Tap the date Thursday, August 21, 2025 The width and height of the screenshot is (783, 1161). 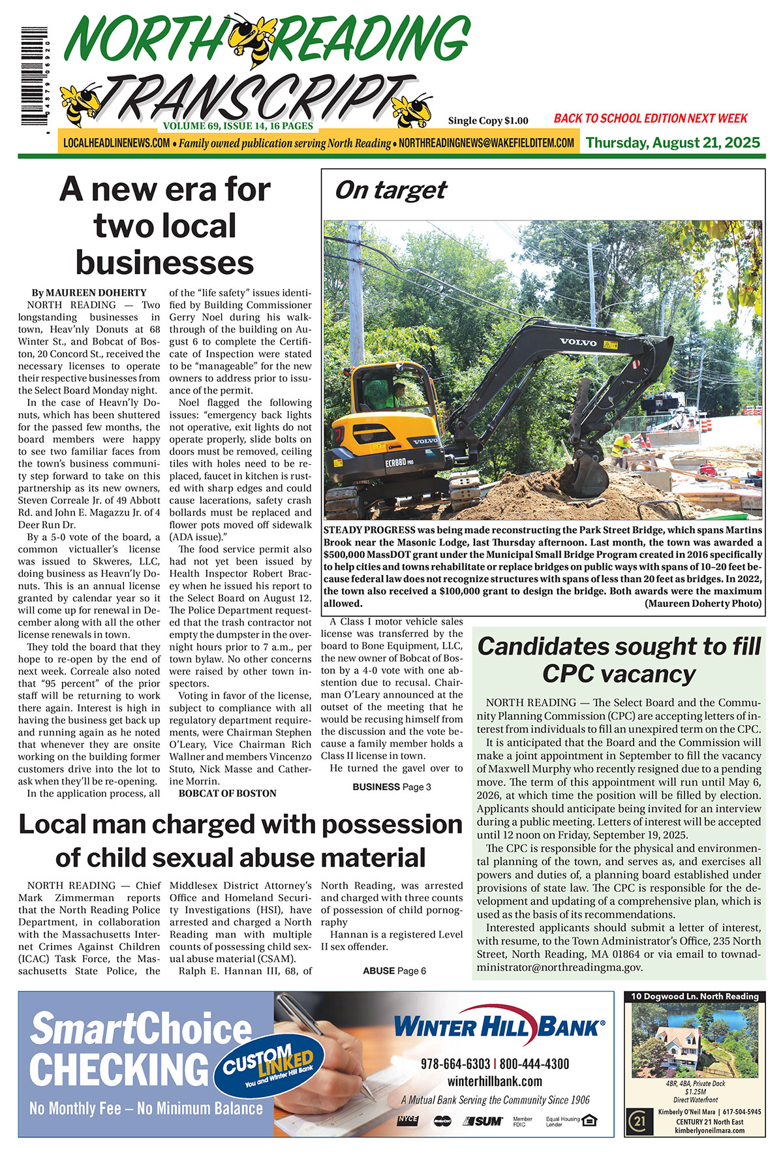point(673,143)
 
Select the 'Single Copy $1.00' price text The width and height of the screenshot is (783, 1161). point(487,121)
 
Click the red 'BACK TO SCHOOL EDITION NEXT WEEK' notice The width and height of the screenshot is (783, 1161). point(650,118)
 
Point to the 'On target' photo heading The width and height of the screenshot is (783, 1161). point(390,190)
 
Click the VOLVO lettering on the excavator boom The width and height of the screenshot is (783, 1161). point(577,342)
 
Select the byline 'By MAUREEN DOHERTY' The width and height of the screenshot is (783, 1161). point(88,292)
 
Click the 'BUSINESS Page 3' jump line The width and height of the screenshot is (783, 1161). point(391,787)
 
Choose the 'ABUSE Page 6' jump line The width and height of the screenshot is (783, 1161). point(394,970)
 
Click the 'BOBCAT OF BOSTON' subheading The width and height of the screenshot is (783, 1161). point(227,794)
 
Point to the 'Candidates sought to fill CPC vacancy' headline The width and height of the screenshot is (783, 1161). point(619,659)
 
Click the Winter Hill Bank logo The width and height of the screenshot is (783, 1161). point(499,1028)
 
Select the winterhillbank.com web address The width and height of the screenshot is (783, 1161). point(495,1081)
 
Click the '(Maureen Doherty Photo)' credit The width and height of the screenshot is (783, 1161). point(703,604)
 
